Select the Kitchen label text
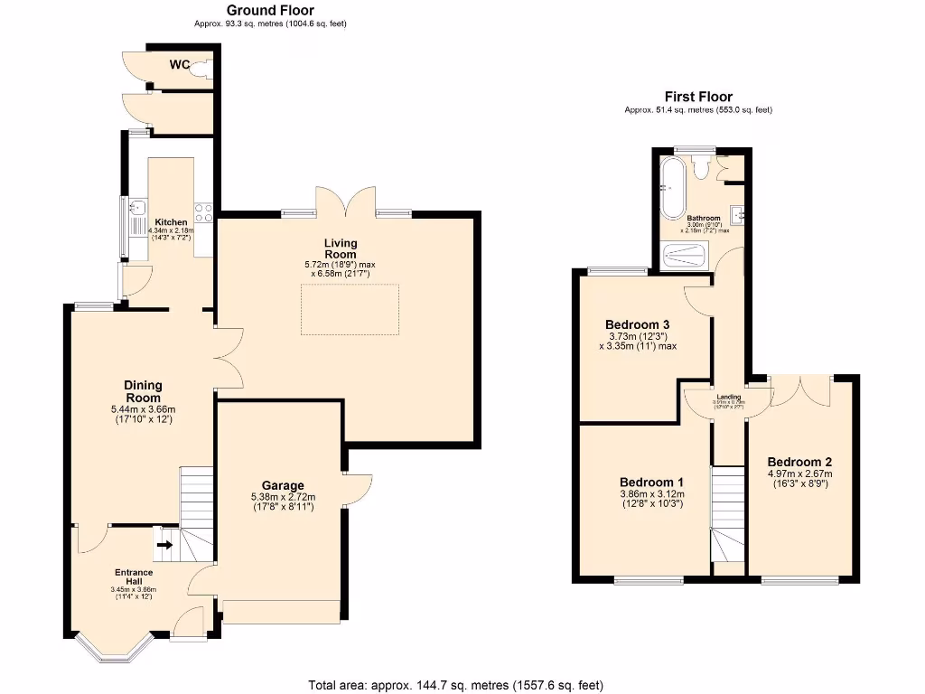click(171, 222)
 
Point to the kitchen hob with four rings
click(204, 213)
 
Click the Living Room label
click(341, 249)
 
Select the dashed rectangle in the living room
click(350, 309)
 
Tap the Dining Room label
click(143, 391)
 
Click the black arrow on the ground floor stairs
click(164, 545)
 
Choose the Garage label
click(283, 485)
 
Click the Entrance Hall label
click(134, 577)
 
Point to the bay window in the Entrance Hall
click(115, 647)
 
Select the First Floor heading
click(698, 97)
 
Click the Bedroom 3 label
click(637, 324)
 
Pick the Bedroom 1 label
click(651, 482)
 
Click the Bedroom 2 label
click(799, 462)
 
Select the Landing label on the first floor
click(729, 397)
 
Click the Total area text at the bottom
click(456, 684)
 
